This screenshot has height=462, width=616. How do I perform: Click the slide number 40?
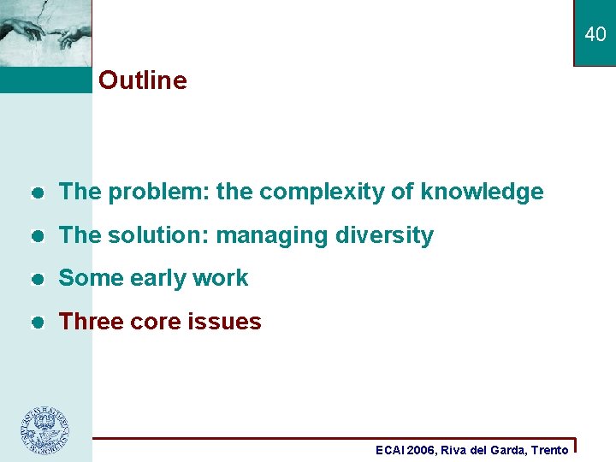click(x=595, y=34)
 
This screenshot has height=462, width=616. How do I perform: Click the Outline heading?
click(x=142, y=80)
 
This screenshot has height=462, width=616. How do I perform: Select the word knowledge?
click(x=482, y=192)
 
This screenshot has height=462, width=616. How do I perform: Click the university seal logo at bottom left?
click(x=45, y=429)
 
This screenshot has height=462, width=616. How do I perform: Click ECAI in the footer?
click(x=392, y=450)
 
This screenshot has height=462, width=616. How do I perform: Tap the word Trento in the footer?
click(x=549, y=450)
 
